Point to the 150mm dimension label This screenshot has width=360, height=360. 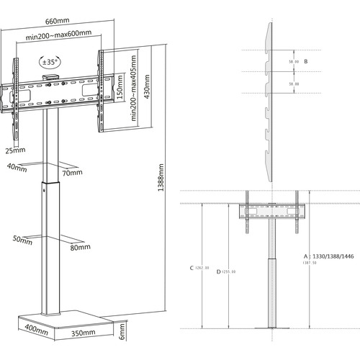pyautogui.click(x=120, y=92)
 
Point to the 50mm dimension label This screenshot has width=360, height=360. pyautogui.click(x=22, y=240)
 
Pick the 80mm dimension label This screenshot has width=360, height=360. pyautogui.click(x=79, y=248)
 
